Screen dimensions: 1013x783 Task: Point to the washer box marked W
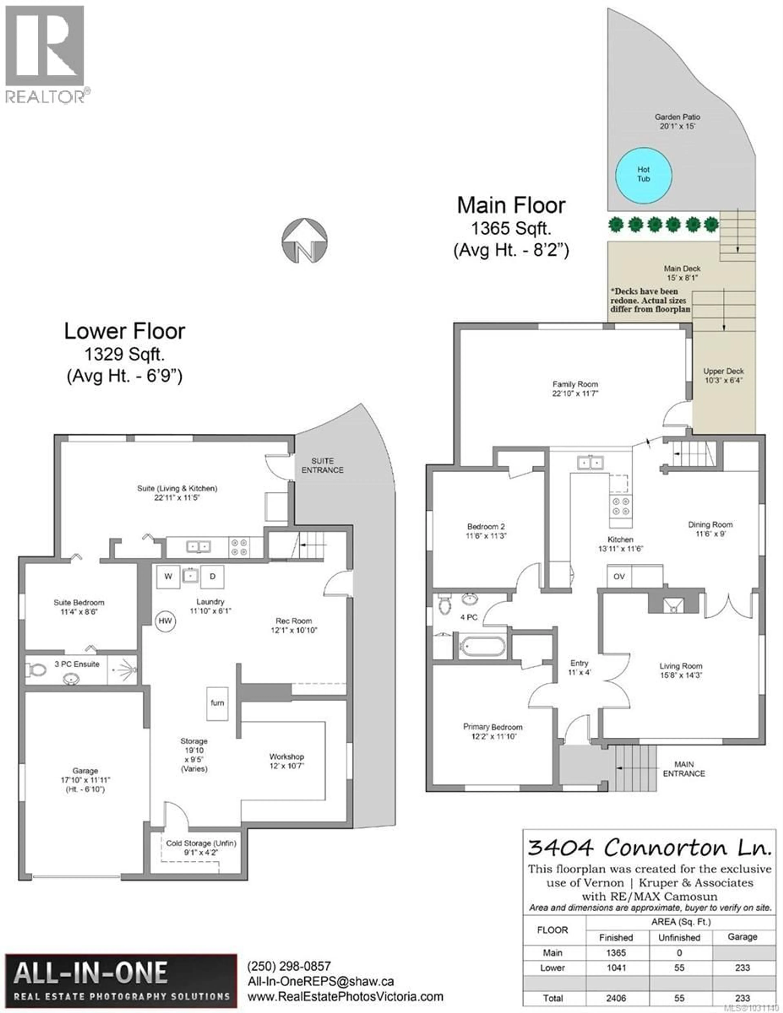[x=168, y=576]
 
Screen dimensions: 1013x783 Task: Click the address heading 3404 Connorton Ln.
[x=649, y=848]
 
